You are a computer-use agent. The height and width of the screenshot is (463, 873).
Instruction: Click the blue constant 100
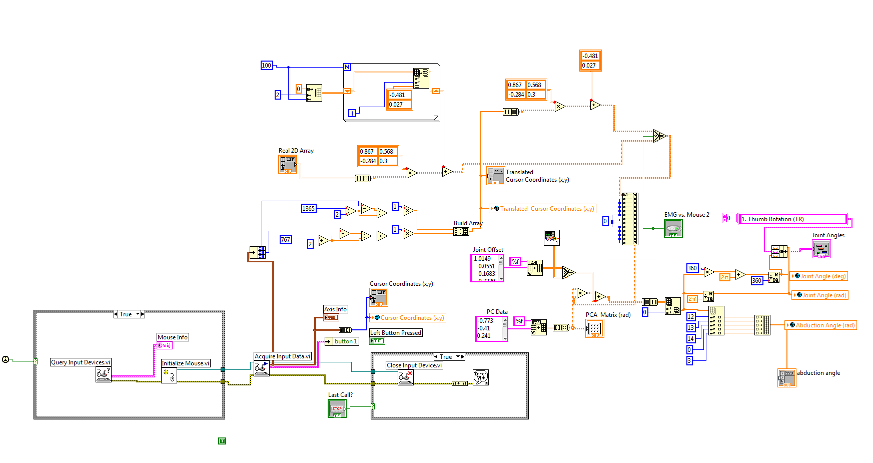(x=267, y=65)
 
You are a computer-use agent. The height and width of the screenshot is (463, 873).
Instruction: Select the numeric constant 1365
(x=309, y=208)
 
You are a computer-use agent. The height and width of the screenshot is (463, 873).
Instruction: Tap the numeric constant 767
(x=285, y=239)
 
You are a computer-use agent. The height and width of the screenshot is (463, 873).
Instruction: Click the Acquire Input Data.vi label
(x=283, y=356)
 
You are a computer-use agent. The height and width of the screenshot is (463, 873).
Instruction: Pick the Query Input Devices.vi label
(x=81, y=362)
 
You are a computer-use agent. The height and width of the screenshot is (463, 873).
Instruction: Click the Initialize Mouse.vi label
(x=186, y=363)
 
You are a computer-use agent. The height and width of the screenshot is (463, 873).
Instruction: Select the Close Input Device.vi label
(x=414, y=365)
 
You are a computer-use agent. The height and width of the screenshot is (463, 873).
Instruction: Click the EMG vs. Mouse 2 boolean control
(x=673, y=229)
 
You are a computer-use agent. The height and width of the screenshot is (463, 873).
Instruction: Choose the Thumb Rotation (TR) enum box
(x=792, y=219)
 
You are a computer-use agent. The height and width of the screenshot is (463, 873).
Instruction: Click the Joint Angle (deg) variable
(x=819, y=276)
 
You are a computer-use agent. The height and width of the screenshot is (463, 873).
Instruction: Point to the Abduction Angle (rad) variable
(x=821, y=325)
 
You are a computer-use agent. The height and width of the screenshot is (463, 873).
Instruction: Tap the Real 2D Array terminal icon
(x=288, y=164)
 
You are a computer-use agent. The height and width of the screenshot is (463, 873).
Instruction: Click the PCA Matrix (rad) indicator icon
(x=594, y=328)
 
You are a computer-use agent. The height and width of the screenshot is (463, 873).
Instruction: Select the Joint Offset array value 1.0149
(x=483, y=259)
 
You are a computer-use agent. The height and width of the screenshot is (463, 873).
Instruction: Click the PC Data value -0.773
(x=485, y=321)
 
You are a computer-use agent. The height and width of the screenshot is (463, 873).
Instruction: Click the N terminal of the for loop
(x=347, y=67)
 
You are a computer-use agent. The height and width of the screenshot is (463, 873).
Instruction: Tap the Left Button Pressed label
(x=396, y=333)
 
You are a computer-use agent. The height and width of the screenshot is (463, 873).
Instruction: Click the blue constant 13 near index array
(x=691, y=328)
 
